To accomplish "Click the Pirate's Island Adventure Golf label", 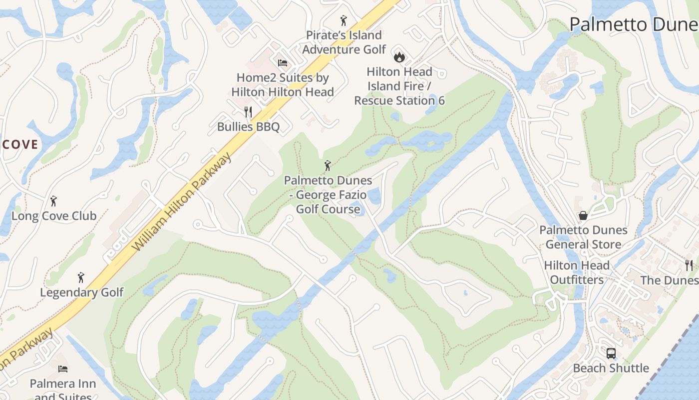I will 344,42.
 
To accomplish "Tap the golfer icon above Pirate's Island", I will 344,20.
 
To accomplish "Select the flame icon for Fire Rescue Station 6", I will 399,56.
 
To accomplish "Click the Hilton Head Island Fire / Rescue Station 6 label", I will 399,86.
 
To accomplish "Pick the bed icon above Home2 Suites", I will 283,63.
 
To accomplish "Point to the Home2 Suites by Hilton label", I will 283,84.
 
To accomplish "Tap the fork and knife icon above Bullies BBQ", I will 248,112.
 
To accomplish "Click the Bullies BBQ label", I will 248,126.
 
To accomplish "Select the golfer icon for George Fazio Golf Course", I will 328,165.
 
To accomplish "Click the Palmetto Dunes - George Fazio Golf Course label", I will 328,194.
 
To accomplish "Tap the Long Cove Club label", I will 54,216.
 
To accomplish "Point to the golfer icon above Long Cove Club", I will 54,201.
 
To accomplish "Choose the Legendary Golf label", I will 81,292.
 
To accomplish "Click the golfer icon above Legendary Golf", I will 81,277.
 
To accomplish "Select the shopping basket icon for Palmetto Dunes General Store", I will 583,215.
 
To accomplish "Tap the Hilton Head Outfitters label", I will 577,272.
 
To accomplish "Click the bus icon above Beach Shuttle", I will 611,353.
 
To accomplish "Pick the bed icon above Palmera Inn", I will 63,369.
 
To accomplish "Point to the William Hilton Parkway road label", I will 183,202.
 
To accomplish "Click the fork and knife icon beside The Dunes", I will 690,265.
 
